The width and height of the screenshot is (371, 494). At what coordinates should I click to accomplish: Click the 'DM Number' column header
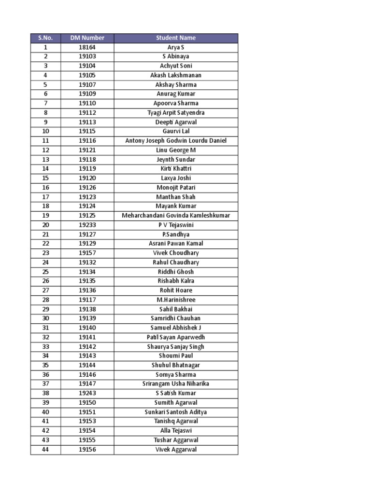(x=87, y=38)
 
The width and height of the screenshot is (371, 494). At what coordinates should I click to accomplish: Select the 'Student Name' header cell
(x=176, y=38)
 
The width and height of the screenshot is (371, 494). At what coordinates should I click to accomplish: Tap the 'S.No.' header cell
(x=45, y=38)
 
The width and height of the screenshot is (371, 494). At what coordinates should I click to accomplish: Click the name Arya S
(x=176, y=47)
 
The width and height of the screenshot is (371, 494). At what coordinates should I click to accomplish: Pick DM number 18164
(x=87, y=47)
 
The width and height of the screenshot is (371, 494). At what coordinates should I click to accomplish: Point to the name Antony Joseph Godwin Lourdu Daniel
(x=176, y=141)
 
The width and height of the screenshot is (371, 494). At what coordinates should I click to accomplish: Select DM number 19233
(x=87, y=225)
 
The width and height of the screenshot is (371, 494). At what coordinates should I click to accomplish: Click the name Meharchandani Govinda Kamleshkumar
(x=176, y=216)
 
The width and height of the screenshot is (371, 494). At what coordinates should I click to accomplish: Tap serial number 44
(x=45, y=450)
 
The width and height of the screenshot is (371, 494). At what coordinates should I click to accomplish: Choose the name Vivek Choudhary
(x=176, y=253)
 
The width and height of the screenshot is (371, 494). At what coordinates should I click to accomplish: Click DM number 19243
(x=87, y=393)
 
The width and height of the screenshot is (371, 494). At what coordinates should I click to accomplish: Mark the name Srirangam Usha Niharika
(x=176, y=384)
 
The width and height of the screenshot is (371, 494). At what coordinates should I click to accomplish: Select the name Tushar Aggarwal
(x=176, y=440)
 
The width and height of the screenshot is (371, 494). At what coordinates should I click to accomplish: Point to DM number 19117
(x=87, y=300)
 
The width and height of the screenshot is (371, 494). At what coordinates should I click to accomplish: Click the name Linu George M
(x=176, y=150)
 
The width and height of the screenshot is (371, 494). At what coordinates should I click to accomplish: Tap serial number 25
(x=45, y=272)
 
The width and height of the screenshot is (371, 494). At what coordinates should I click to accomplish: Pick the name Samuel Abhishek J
(x=176, y=328)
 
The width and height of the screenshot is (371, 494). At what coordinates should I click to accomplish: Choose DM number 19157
(x=87, y=253)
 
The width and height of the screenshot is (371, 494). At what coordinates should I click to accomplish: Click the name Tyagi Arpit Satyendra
(x=176, y=112)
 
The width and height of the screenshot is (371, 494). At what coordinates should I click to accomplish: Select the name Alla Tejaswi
(x=176, y=431)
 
